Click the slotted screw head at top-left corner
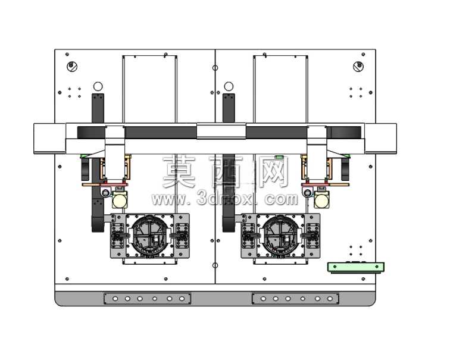(72, 67)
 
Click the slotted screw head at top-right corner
(358, 67)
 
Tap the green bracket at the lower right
(356, 267)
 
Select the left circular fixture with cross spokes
(149, 235)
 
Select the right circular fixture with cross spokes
(280, 235)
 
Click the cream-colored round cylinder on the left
(120, 200)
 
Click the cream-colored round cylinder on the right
(321, 200)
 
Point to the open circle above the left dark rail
(98, 86)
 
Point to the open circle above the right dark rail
(229, 86)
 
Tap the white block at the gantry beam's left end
(49, 139)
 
